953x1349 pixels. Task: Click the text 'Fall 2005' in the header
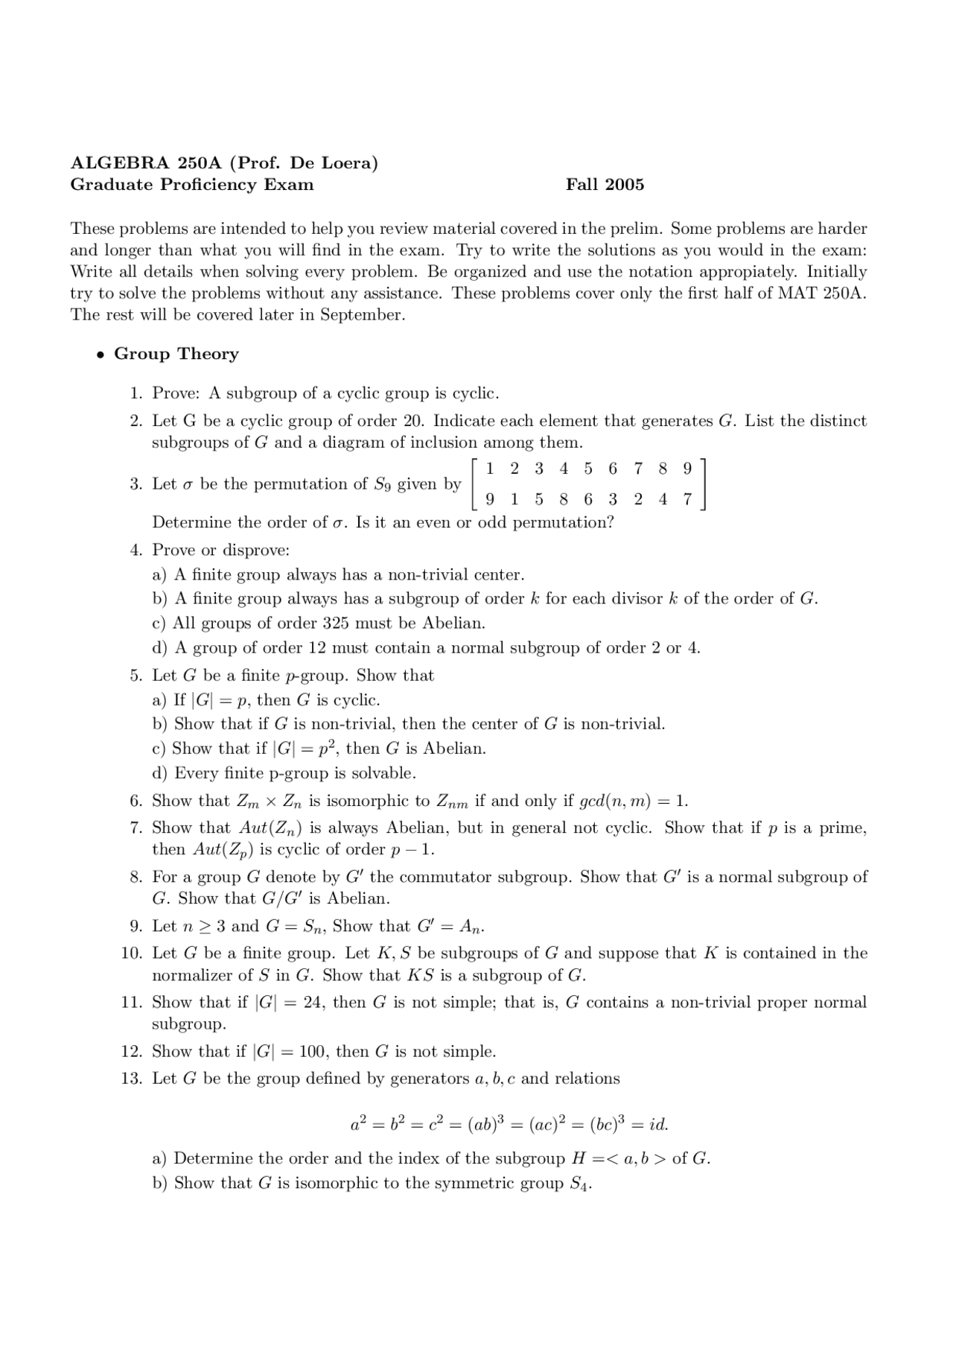(x=605, y=185)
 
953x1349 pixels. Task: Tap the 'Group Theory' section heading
(x=176, y=354)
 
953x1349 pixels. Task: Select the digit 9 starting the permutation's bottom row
(x=489, y=500)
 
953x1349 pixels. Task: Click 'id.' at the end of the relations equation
(x=657, y=1124)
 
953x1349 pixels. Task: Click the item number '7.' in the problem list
(x=136, y=828)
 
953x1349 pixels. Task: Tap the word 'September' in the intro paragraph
(x=362, y=315)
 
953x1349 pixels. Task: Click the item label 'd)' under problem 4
(x=159, y=648)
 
